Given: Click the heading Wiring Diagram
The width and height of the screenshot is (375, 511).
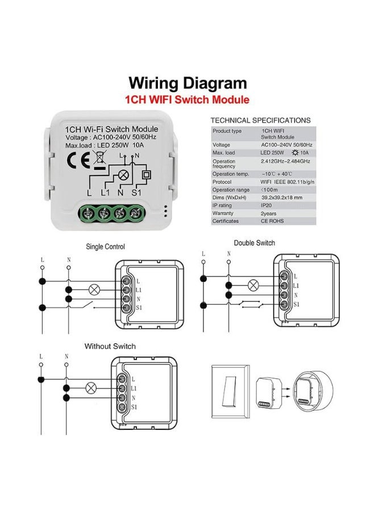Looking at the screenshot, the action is (188, 83).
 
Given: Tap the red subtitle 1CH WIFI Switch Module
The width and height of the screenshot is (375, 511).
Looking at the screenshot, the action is (187, 99).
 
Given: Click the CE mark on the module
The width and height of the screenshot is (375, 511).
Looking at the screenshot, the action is (78, 160).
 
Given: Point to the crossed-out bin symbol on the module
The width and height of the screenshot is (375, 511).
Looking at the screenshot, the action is (99, 160).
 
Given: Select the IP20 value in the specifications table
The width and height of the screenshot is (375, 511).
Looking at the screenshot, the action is (266, 206).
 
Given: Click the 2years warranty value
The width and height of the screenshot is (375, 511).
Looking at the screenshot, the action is (268, 213).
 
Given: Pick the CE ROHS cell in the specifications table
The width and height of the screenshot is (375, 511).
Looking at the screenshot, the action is (272, 221).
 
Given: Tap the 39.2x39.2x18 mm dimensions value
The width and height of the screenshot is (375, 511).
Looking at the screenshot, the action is (282, 198).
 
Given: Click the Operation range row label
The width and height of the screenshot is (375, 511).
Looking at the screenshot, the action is (231, 190).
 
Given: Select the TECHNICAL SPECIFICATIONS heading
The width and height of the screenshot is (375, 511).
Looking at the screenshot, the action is (261, 120).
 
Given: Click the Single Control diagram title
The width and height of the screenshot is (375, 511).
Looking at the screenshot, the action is (105, 247).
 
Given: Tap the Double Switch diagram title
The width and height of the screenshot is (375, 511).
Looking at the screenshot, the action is (255, 243).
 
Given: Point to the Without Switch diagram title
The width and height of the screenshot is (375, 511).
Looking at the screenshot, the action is (110, 346).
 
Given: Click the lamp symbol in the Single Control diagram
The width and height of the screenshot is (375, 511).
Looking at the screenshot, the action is (94, 290).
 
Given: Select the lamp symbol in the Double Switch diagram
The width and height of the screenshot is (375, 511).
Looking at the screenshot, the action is (253, 285).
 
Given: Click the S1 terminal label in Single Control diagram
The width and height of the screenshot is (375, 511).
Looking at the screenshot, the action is (139, 308).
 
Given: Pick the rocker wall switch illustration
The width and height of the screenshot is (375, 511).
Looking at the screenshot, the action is (231, 392).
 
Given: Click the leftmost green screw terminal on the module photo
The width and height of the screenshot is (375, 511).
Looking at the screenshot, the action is (88, 213).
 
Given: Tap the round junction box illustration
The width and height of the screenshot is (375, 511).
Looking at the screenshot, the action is (312, 391).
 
